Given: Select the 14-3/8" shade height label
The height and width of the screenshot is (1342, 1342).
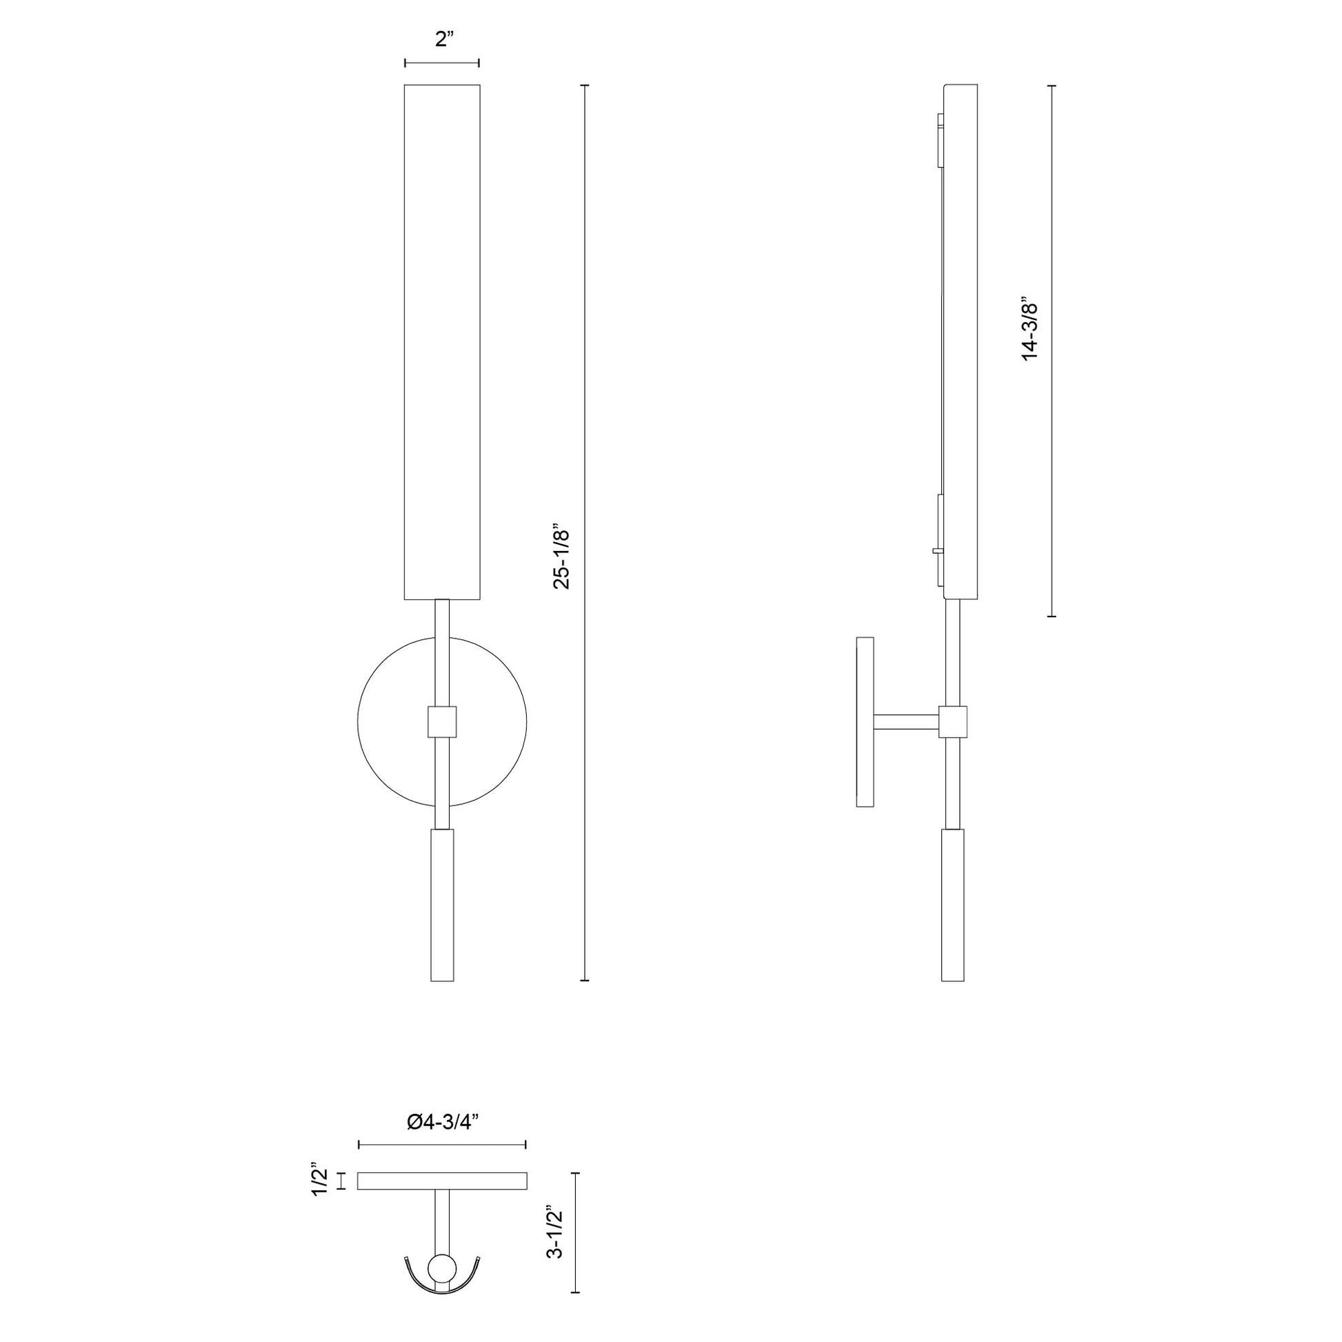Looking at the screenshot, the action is [1030, 329].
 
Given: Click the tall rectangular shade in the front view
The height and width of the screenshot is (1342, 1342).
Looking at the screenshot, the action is [443, 342].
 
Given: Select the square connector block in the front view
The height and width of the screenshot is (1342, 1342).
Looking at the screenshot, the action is [442, 722].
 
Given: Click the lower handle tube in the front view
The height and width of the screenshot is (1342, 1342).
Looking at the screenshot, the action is [442, 905].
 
